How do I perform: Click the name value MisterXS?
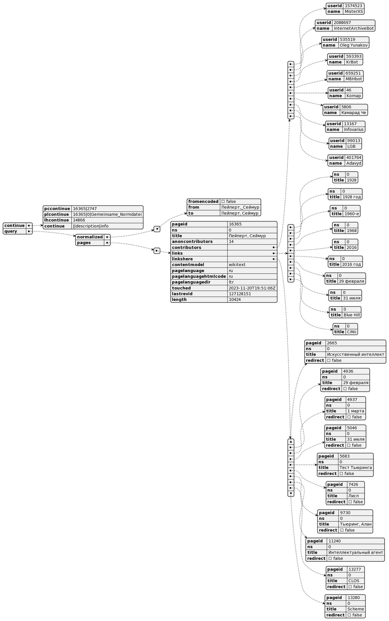354,12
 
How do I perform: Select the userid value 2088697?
342,22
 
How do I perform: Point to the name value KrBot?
351,62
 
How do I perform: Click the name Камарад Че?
354,113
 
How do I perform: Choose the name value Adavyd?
354,163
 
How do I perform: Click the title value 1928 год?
351,197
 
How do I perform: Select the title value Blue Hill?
351,315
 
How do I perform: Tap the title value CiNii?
351,332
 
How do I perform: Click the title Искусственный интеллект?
355,355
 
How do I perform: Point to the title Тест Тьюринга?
355,468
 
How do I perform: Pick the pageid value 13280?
355,598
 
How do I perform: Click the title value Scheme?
355,609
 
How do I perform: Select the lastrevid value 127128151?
239,294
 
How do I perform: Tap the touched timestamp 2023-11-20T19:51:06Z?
252,288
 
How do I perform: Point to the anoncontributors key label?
192,242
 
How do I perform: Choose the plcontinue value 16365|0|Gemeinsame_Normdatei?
107,214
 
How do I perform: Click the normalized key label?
89,237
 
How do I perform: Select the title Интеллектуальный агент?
355,553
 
